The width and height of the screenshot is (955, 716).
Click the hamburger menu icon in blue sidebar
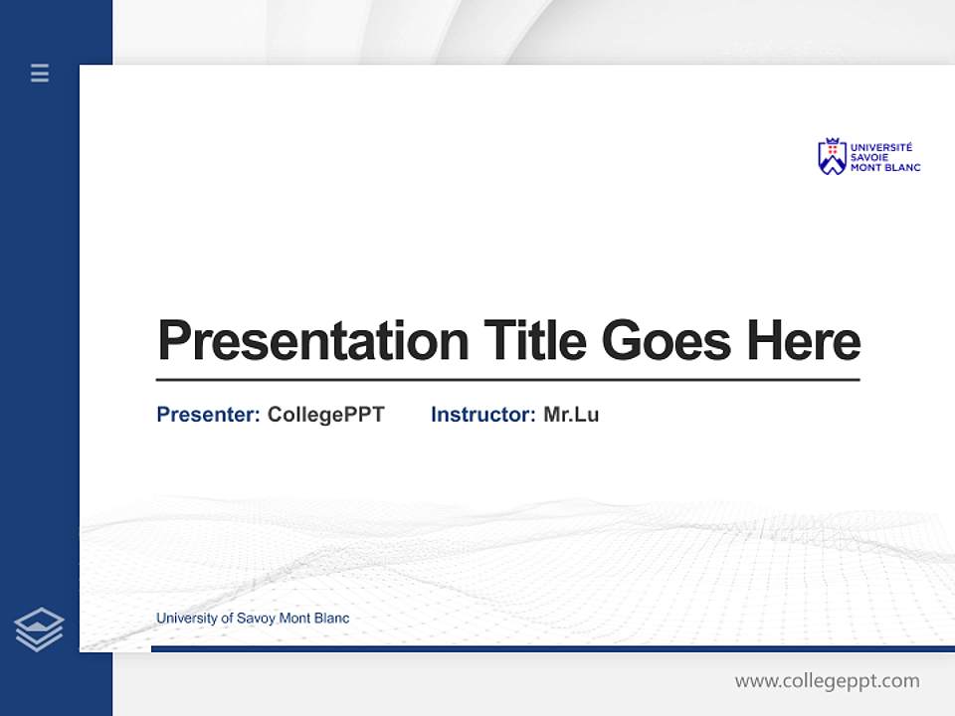(40, 73)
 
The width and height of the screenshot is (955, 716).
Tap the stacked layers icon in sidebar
(39, 628)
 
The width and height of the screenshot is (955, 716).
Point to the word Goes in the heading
(668, 341)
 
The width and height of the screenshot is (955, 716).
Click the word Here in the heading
(804, 341)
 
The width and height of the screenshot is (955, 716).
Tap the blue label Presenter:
(208, 415)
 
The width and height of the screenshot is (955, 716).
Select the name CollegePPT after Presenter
(325, 415)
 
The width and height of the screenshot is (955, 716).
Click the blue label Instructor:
(482, 415)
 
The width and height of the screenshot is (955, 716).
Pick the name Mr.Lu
(571, 415)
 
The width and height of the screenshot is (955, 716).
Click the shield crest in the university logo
(831, 157)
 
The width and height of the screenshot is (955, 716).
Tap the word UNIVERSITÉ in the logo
(880, 147)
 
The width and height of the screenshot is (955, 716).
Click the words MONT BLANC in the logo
(884, 167)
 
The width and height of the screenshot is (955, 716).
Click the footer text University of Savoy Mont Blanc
(253, 619)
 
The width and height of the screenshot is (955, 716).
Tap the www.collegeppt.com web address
(827, 681)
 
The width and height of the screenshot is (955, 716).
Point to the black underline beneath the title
(507, 379)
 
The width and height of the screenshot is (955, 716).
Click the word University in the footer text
(186, 619)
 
